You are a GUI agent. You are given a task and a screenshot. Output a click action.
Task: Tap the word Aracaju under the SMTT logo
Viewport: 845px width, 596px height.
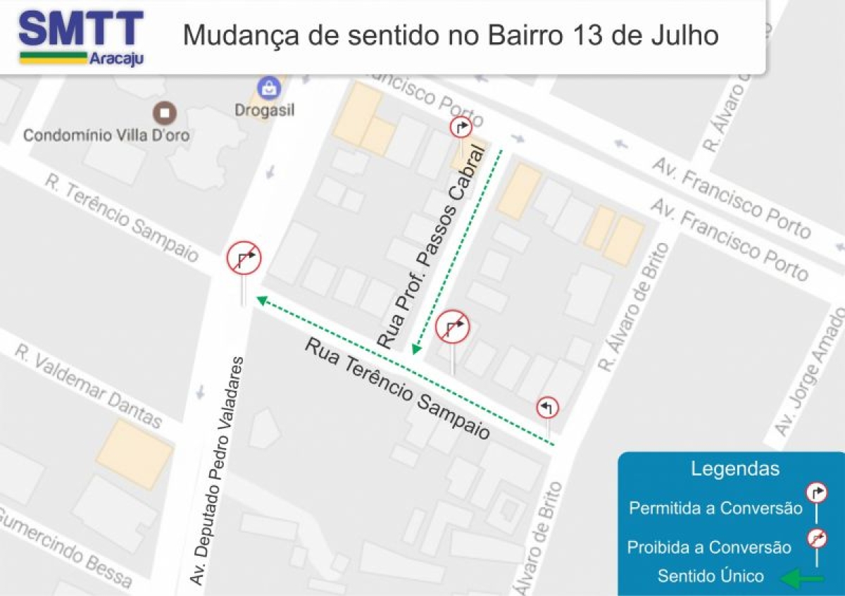click(x=116, y=59)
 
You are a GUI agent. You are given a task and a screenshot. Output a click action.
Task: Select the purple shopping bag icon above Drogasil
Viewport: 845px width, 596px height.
click(x=269, y=88)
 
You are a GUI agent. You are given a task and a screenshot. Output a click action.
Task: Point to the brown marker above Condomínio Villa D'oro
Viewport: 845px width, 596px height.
click(x=165, y=113)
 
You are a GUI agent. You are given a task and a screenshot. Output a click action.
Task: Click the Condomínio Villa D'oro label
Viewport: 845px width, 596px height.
click(x=106, y=135)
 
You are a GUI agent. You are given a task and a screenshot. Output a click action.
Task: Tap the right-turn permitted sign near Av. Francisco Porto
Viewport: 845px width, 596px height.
click(x=461, y=128)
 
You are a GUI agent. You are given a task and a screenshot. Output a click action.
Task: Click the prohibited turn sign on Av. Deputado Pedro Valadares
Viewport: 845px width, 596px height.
click(x=244, y=258)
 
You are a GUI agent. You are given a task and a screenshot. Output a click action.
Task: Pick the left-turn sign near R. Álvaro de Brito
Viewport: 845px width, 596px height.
click(x=547, y=407)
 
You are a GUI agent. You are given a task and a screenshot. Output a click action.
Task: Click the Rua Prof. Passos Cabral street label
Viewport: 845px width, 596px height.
click(x=432, y=247)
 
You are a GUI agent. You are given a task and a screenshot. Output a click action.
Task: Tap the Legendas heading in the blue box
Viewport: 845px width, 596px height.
click(x=734, y=469)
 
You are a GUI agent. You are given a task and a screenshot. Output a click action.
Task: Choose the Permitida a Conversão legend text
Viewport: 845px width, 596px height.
click(x=715, y=508)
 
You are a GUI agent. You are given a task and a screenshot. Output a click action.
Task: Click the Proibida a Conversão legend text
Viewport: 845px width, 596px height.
click(x=709, y=547)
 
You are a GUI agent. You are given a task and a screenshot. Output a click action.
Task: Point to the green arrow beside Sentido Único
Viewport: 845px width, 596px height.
click(x=802, y=578)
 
